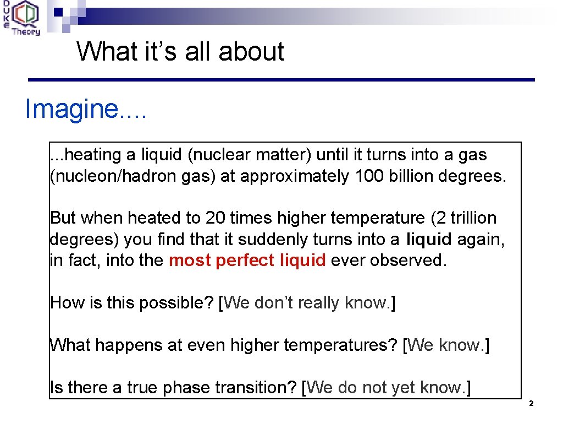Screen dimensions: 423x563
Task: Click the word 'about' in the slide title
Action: pyautogui.click(x=251, y=52)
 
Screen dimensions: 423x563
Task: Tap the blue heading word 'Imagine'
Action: pyautogui.click(x=71, y=110)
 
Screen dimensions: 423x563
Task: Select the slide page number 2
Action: pyautogui.click(x=531, y=404)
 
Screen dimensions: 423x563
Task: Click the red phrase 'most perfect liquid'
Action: pyautogui.click(x=247, y=261)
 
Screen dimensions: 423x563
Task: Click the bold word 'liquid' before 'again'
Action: pyautogui.click(x=429, y=240)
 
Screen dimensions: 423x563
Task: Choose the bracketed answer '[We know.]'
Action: pyautogui.click(x=446, y=345)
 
